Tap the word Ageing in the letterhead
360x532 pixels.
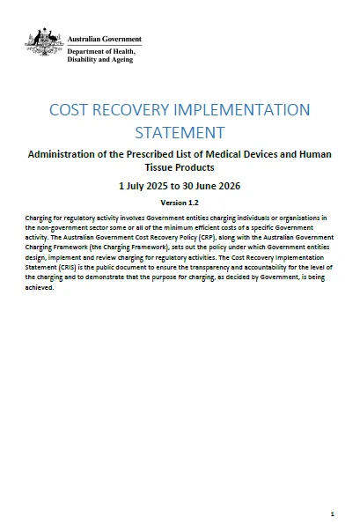pos(121,62)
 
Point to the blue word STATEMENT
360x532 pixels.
pos(180,133)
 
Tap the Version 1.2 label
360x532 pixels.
pos(180,203)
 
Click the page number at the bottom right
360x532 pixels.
pos(331,513)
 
